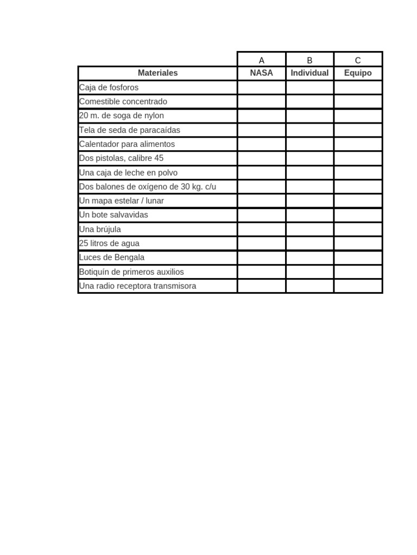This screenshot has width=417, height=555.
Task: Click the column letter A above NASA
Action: pos(262,60)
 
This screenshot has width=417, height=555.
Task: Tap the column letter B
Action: pos(309,60)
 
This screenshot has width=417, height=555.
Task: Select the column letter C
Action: pos(358,60)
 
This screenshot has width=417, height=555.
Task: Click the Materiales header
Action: pos(157,73)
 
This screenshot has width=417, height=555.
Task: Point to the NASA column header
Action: pos(262,73)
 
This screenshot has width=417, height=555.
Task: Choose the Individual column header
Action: pos(309,73)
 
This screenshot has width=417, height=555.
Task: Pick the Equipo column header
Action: pos(358,73)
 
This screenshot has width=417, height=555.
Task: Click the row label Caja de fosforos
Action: pos(109,87)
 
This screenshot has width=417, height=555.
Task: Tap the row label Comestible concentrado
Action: pos(123,101)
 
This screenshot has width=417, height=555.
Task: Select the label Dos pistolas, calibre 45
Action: pos(121,158)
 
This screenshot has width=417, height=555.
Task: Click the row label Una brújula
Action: pos(100,229)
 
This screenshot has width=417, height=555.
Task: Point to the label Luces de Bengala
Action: pos(112,257)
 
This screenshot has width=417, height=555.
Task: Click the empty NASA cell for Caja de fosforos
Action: pos(262,87)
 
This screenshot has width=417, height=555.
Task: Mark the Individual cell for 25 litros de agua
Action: pos(309,243)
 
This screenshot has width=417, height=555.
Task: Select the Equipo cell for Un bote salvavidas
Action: pos(358,215)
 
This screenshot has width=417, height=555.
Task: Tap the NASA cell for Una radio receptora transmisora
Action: pos(262,286)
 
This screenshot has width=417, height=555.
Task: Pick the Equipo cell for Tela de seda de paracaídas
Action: pos(358,130)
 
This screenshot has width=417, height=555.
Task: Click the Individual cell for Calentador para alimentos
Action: pos(309,144)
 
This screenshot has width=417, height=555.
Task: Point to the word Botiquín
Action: pos(95,272)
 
